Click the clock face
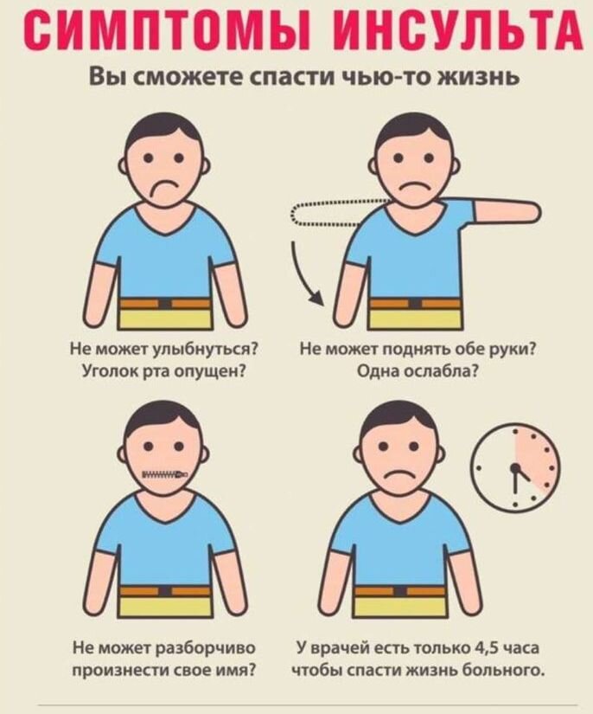(515, 467)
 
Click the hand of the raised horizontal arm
(524, 209)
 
